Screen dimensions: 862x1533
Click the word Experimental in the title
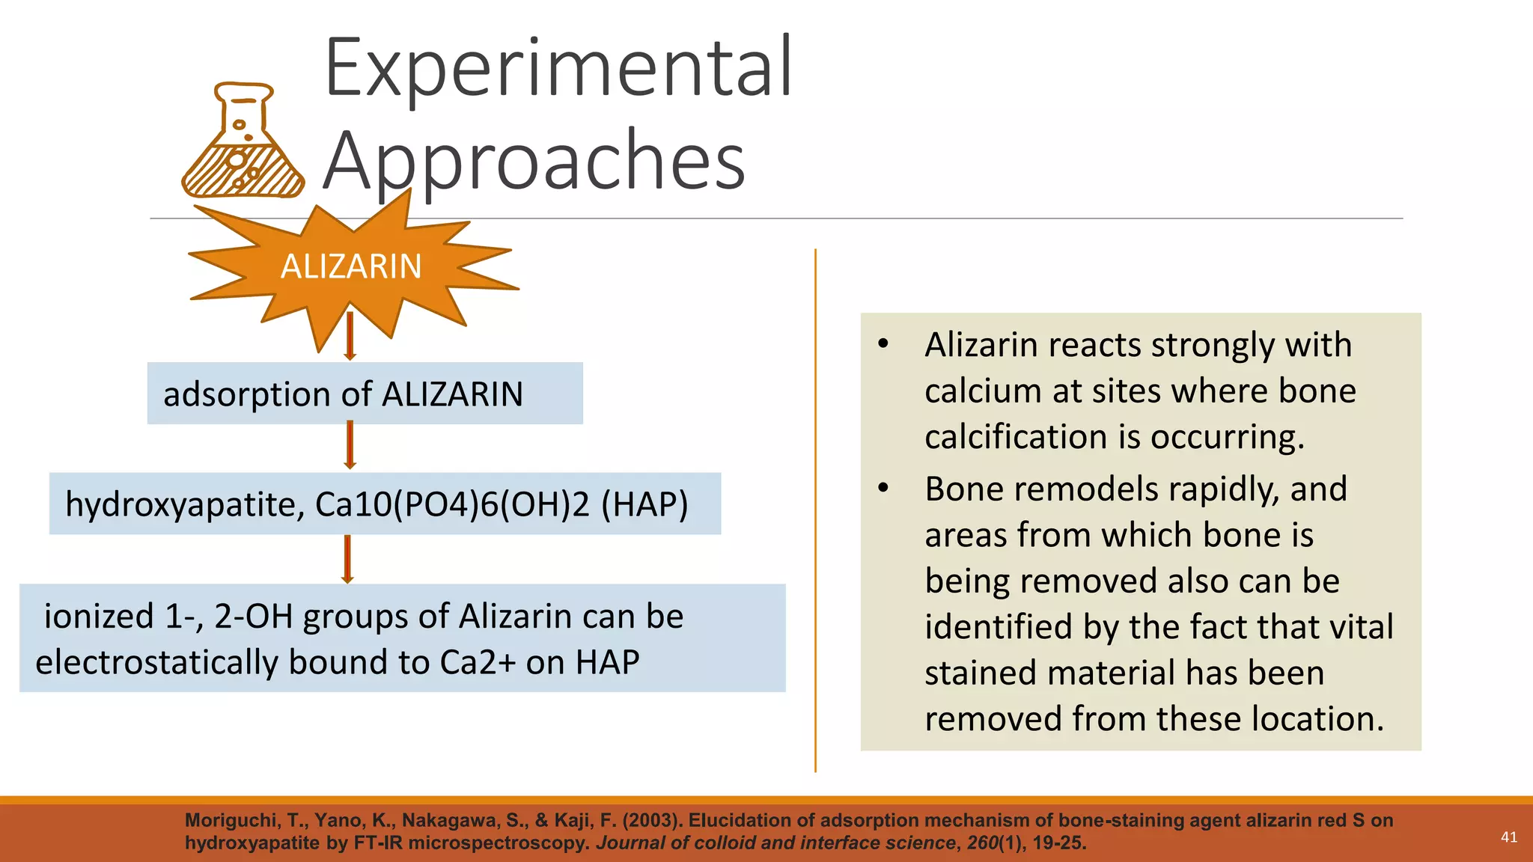pyautogui.click(x=558, y=69)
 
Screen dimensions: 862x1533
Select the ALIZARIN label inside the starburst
pyautogui.click(x=351, y=266)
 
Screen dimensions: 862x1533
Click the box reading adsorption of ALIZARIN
pyautogui.click(x=365, y=394)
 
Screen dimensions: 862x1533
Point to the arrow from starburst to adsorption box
pyautogui.click(x=350, y=336)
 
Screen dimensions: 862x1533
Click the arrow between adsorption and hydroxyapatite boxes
pyautogui.click(x=350, y=445)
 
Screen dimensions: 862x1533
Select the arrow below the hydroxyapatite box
pyautogui.click(x=347, y=559)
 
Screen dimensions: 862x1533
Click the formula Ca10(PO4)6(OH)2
pyautogui.click(x=452, y=504)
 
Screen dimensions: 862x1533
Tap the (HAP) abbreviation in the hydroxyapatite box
pyautogui.click(x=644, y=504)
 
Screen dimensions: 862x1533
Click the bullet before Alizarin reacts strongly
pyautogui.click(x=883, y=344)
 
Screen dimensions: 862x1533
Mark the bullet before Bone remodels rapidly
pyautogui.click(x=883, y=488)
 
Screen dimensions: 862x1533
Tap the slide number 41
pyautogui.click(x=1509, y=837)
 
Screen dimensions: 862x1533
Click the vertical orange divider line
pyautogui.click(x=815, y=509)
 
